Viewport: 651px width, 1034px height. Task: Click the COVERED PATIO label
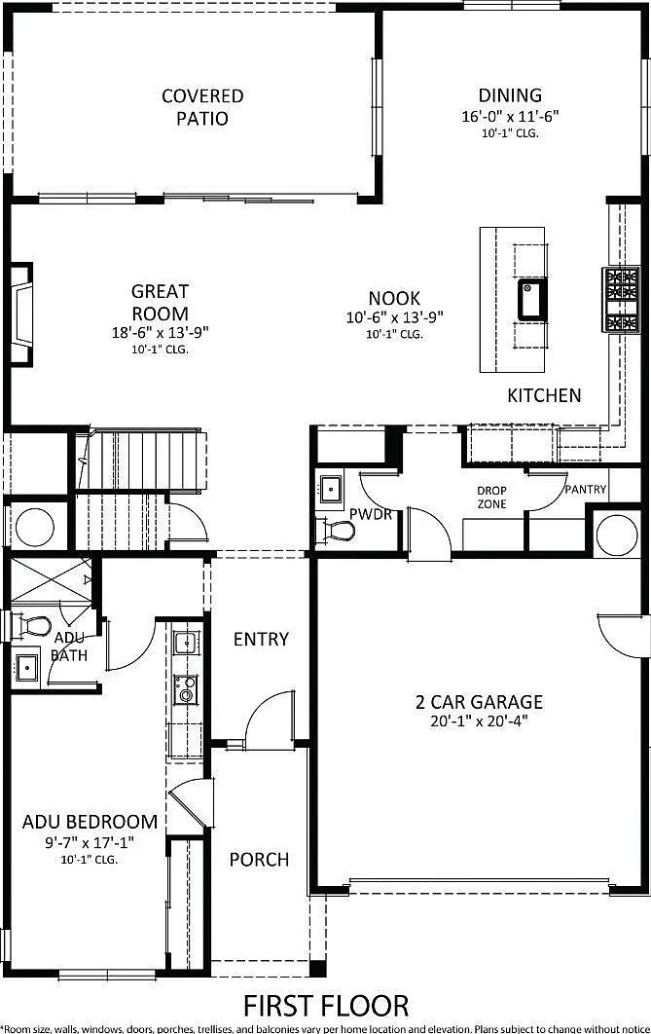[x=202, y=107]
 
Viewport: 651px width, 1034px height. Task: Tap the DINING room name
[x=510, y=95]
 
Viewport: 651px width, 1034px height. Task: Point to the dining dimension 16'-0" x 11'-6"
[x=510, y=116]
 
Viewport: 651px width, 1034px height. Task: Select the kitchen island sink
[x=531, y=299]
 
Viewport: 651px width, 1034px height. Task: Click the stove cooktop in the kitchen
[x=621, y=299]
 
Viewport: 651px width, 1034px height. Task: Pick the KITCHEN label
[x=544, y=395]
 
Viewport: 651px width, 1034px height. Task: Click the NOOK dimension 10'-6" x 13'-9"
[x=395, y=317]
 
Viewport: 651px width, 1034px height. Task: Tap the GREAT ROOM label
[x=161, y=302]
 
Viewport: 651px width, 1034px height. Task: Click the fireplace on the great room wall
[x=20, y=314]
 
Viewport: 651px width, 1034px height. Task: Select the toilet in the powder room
[x=338, y=529]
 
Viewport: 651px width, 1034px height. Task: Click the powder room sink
[x=330, y=489]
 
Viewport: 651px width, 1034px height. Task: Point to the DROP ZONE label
[x=492, y=498]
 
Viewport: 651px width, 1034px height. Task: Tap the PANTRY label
[x=585, y=490]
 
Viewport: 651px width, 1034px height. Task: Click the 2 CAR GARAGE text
[x=479, y=702]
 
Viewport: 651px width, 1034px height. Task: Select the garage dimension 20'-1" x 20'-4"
[x=479, y=720]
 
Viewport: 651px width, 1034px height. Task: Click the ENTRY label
[x=261, y=639]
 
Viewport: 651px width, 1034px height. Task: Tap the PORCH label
[x=259, y=860]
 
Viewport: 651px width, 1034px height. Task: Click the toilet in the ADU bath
[x=31, y=625]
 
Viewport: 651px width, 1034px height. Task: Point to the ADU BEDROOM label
[x=90, y=822]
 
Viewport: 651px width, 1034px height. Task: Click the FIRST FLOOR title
[x=326, y=1007]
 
